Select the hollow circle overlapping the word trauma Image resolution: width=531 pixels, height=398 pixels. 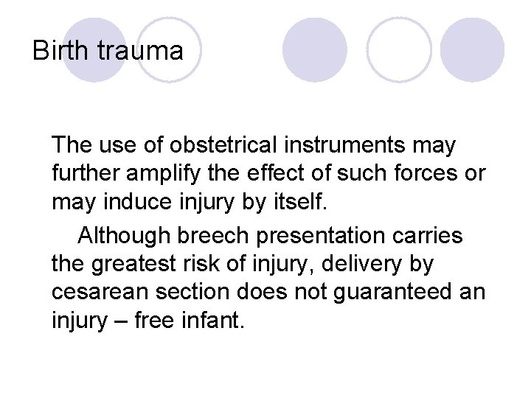(x=170, y=49)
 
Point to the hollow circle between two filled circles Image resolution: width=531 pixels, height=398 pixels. (x=399, y=49)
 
